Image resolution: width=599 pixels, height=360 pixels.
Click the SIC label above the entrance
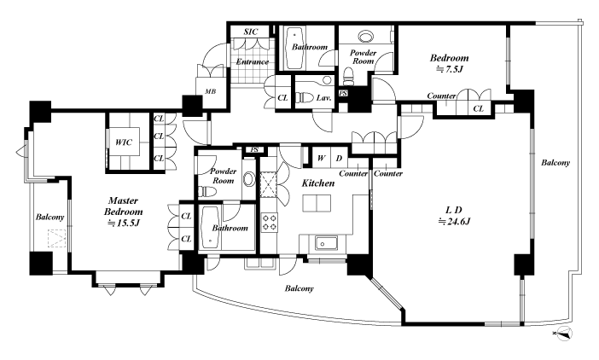coord(251,32)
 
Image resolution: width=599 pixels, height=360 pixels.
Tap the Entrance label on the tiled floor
coord(252,61)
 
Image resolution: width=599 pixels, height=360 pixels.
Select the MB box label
coord(210,91)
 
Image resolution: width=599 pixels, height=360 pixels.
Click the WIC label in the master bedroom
coord(124,142)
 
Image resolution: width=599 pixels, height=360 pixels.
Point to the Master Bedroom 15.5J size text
coord(124,224)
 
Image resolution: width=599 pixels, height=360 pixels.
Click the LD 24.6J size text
coord(454,221)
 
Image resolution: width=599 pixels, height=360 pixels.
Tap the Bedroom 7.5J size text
coord(450,69)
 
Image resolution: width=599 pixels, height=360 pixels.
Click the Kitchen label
coord(318,183)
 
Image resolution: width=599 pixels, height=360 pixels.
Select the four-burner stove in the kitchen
coord(269,223)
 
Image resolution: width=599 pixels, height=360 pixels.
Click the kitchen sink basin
coord(326,243)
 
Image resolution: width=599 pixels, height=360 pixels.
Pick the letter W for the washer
coord(322,158)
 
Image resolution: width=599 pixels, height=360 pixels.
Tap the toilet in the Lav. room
coord(305,97)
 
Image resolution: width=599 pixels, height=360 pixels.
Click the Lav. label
coord(323,98)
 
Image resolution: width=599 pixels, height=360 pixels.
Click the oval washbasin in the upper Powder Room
coord(367,37)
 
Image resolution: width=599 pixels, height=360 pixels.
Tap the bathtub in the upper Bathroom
coord(295,48)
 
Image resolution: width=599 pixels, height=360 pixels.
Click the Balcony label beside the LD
coord(555,163)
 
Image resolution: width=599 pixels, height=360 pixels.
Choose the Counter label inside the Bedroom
coord(441,96)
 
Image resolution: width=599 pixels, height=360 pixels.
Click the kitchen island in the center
coord(317,203)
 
